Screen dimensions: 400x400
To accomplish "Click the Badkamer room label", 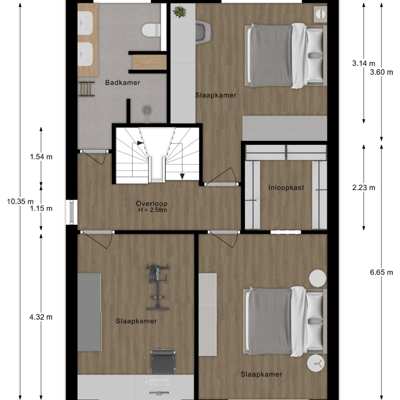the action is pos(123,83).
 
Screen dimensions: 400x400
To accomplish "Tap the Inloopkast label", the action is pos(286,187).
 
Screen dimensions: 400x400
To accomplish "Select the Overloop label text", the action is pos(152,204).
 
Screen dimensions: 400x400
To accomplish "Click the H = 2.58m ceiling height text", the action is pos(153,210).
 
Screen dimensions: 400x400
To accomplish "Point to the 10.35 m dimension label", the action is pos(20,201).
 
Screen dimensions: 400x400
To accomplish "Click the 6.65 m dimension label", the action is pos(381,272).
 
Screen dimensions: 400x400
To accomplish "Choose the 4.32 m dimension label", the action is pos(41,317).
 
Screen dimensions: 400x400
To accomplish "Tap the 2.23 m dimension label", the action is pos(364,187).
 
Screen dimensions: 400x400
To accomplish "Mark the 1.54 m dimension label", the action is pos(41,157).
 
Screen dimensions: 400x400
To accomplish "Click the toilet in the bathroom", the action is pos(151,30).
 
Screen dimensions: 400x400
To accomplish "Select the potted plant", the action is pos(180,12).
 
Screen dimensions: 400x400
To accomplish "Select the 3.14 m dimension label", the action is pos(364,63).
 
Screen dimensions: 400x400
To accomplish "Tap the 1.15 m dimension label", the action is pos(41,209).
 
